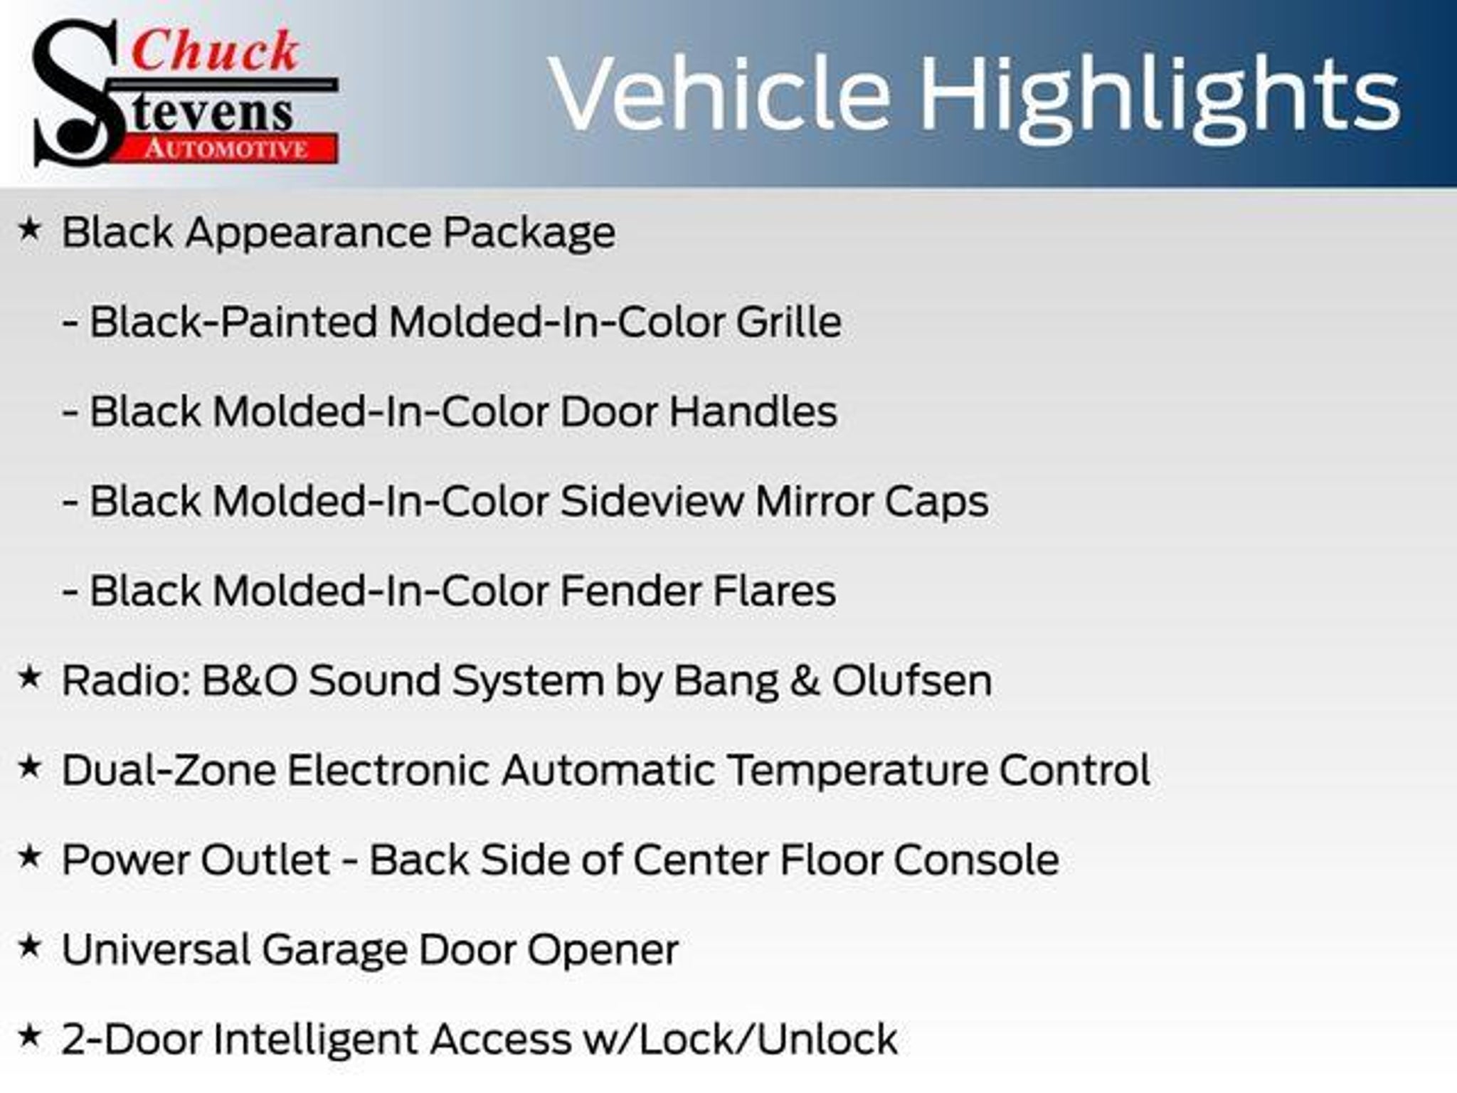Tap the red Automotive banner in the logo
point(226,149)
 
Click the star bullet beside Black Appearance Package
point(29,229)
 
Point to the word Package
point(529,233)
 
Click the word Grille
point(788,322)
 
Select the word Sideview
point(652,501)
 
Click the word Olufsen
point(912,680)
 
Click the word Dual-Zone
point(169,770)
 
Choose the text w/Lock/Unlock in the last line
point(740,1039)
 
